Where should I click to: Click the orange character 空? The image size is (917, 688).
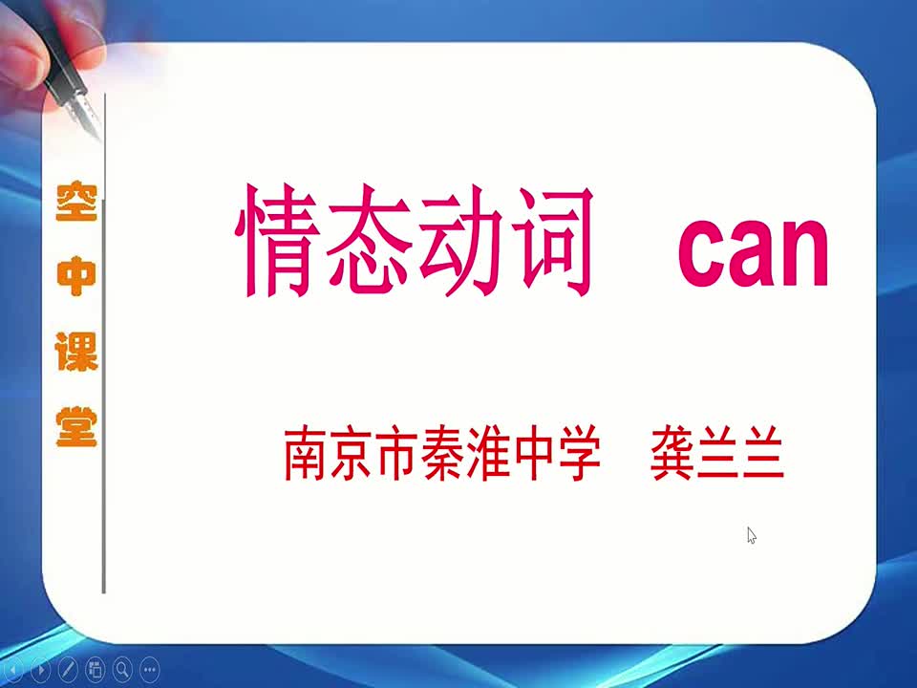point(76,201)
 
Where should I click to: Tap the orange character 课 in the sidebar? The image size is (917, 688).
point(76,351)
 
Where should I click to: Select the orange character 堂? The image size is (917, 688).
point(76,426)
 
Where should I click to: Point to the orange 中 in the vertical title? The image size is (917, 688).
point(76,276)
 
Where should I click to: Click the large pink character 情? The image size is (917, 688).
point(277,240)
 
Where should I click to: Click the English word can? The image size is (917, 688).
point(754,252)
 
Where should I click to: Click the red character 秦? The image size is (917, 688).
point(442,453)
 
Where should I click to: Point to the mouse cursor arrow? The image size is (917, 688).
point(752,535)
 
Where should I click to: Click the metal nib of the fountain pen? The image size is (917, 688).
point(86,117)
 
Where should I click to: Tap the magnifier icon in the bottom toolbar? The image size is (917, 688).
point(122,669)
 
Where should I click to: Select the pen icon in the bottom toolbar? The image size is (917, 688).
point(68,669)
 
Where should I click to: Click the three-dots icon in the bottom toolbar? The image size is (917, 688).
point(150,669)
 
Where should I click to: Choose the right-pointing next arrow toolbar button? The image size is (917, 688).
point(40,669)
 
